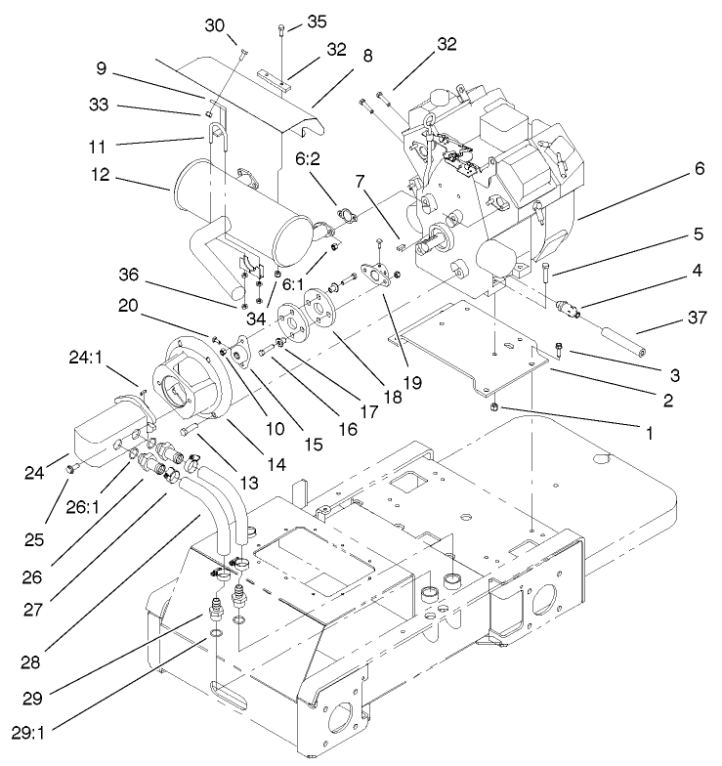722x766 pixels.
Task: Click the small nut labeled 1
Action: (495, 404)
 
